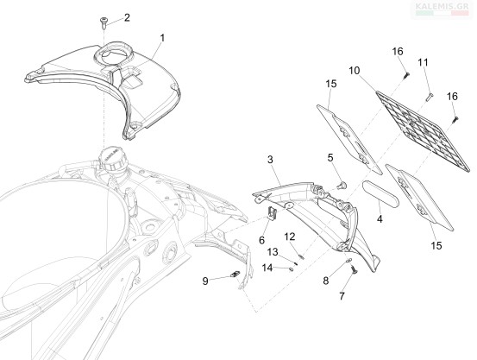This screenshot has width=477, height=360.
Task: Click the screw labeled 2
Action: [x=103, y=22]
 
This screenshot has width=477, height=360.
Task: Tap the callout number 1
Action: [x=162, y=38]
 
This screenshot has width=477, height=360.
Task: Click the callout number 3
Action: [x=270, y=160]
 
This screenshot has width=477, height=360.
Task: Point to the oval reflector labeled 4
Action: [x=380, y=193]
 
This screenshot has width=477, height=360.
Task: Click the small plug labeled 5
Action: [x=342, y=185]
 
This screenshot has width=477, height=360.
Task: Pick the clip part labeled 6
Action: [x=272, y=213]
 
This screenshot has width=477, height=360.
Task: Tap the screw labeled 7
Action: [x=354, y=270]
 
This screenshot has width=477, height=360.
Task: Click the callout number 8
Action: [x=326, y=281]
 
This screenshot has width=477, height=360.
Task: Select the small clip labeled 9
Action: [x=235, y=275]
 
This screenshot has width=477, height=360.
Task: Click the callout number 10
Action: [x=355, y=71]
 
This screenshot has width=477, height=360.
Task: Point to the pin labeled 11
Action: [x=430, y=98]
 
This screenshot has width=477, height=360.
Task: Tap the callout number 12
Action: [x=290, y=237]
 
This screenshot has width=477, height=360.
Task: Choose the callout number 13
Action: [x=273, y=252]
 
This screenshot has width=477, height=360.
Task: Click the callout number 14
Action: [x=267, y=268]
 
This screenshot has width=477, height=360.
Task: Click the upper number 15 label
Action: [x=331, y=84]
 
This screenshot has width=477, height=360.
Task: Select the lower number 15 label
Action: [x=436, y=245]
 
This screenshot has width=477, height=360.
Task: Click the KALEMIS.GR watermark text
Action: [x=442, y=5]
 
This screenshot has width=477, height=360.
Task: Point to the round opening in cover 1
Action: [x=112, y=54]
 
